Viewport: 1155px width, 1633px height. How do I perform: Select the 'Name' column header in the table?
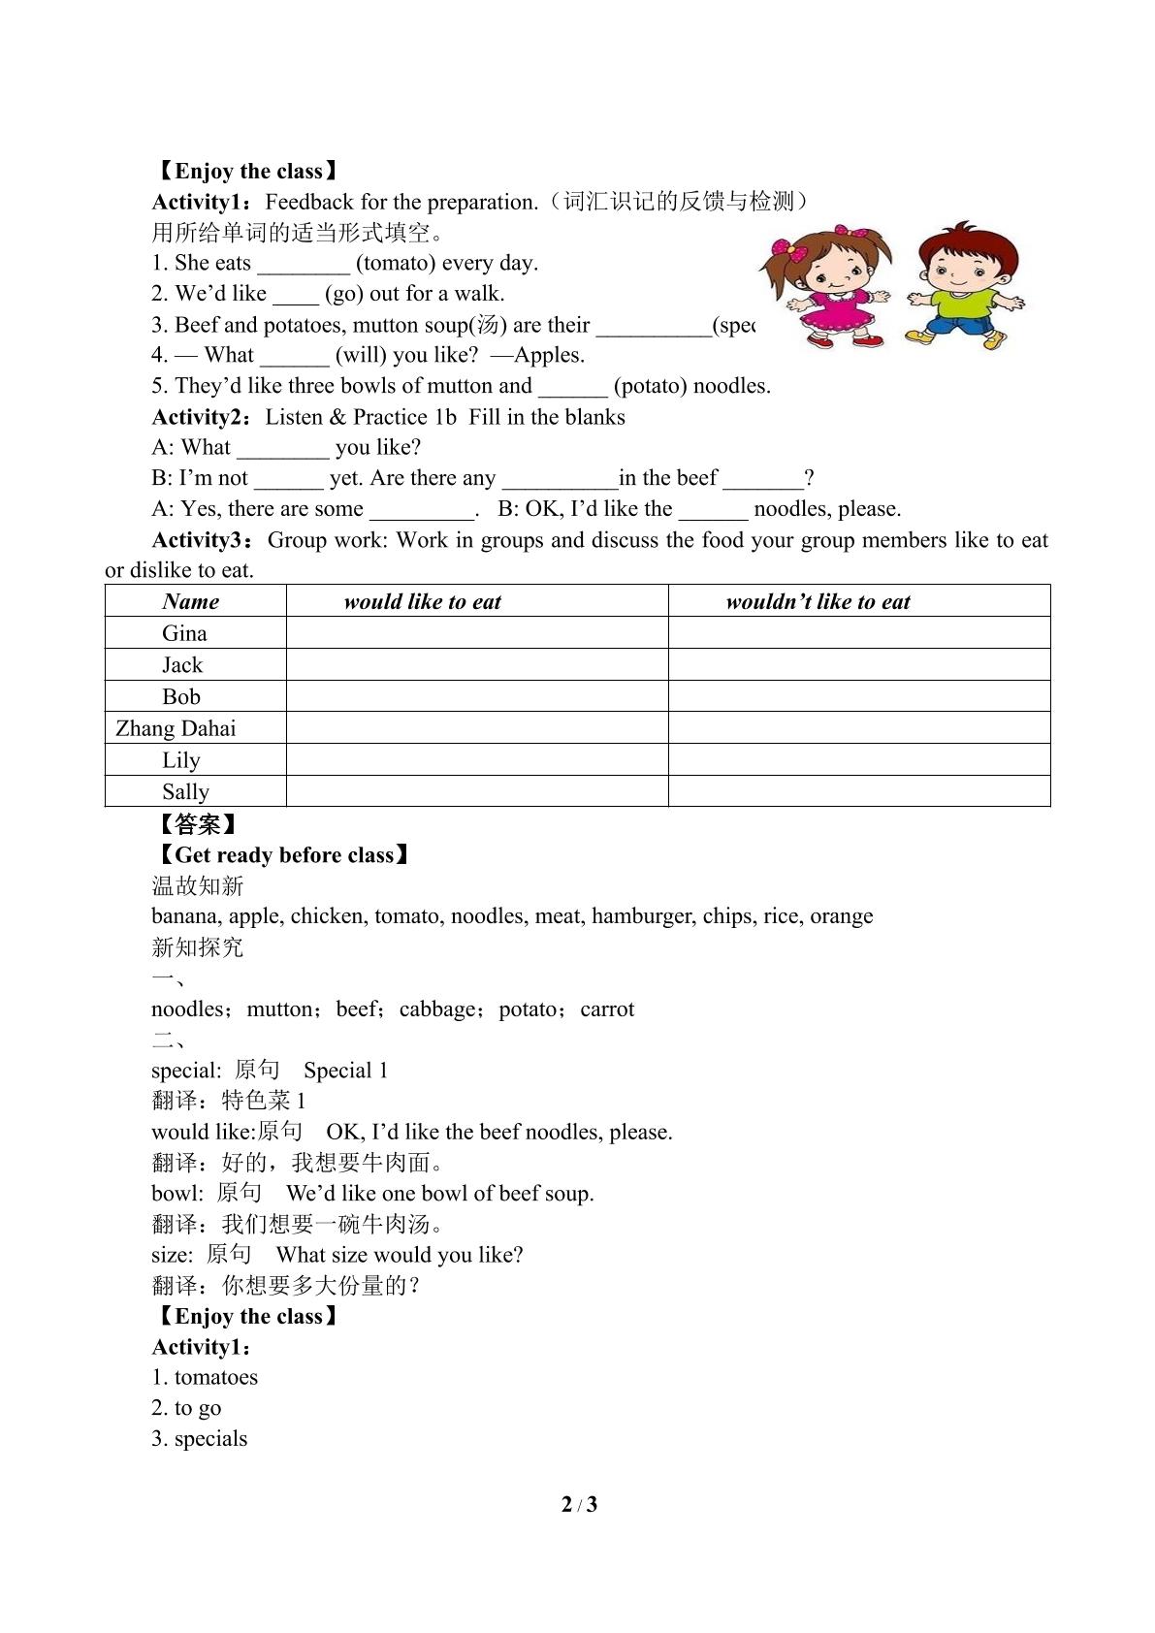191,601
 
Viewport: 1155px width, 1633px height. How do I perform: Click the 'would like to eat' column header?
422,601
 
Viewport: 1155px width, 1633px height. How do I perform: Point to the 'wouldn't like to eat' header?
818,601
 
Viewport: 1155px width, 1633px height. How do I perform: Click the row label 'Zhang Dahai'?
176,728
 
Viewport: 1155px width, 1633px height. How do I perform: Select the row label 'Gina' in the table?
184,633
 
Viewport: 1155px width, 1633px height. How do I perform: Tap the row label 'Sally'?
185,791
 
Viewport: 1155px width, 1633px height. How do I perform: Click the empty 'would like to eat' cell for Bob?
477,696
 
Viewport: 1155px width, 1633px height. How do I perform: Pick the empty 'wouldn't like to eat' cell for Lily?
858,759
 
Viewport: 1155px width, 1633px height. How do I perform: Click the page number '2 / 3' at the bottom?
579,1504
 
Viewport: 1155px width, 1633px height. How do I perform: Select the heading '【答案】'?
197,824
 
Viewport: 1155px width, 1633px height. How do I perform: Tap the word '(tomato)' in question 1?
395,263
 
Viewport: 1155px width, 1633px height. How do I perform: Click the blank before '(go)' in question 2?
295,294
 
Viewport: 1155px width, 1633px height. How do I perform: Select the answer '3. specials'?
200,1438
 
